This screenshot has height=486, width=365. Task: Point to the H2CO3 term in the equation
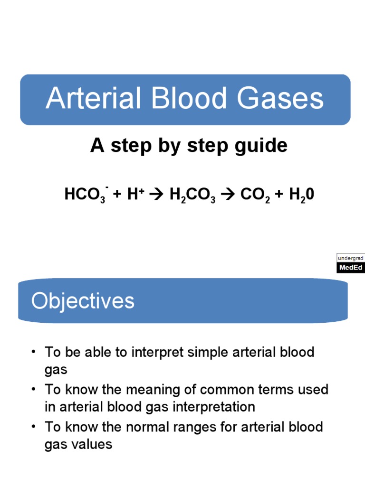192,195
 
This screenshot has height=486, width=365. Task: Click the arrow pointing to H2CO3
157,195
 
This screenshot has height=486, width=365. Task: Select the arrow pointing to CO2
228,195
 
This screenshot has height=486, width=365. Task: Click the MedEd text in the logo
351,268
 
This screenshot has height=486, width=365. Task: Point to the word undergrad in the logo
351,258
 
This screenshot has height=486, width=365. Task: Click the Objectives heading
83,301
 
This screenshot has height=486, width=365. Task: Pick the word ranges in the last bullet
197,427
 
